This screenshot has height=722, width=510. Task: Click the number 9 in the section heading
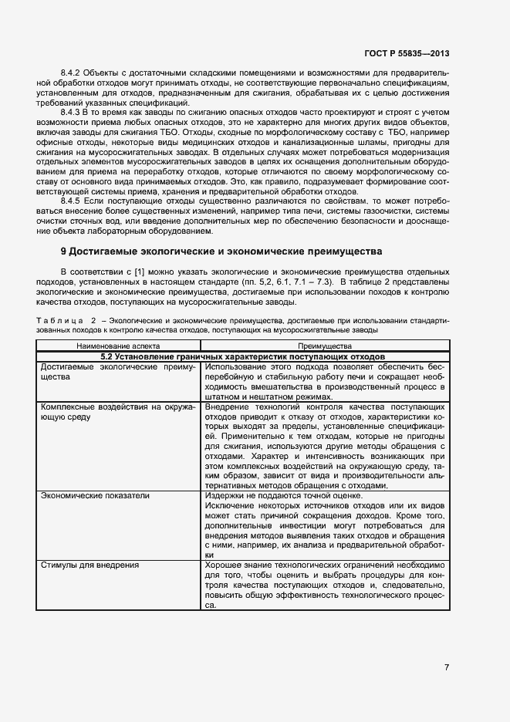pos(64,252)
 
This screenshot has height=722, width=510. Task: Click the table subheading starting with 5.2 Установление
pos(243,357)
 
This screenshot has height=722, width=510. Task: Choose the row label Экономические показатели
pos(90,495)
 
